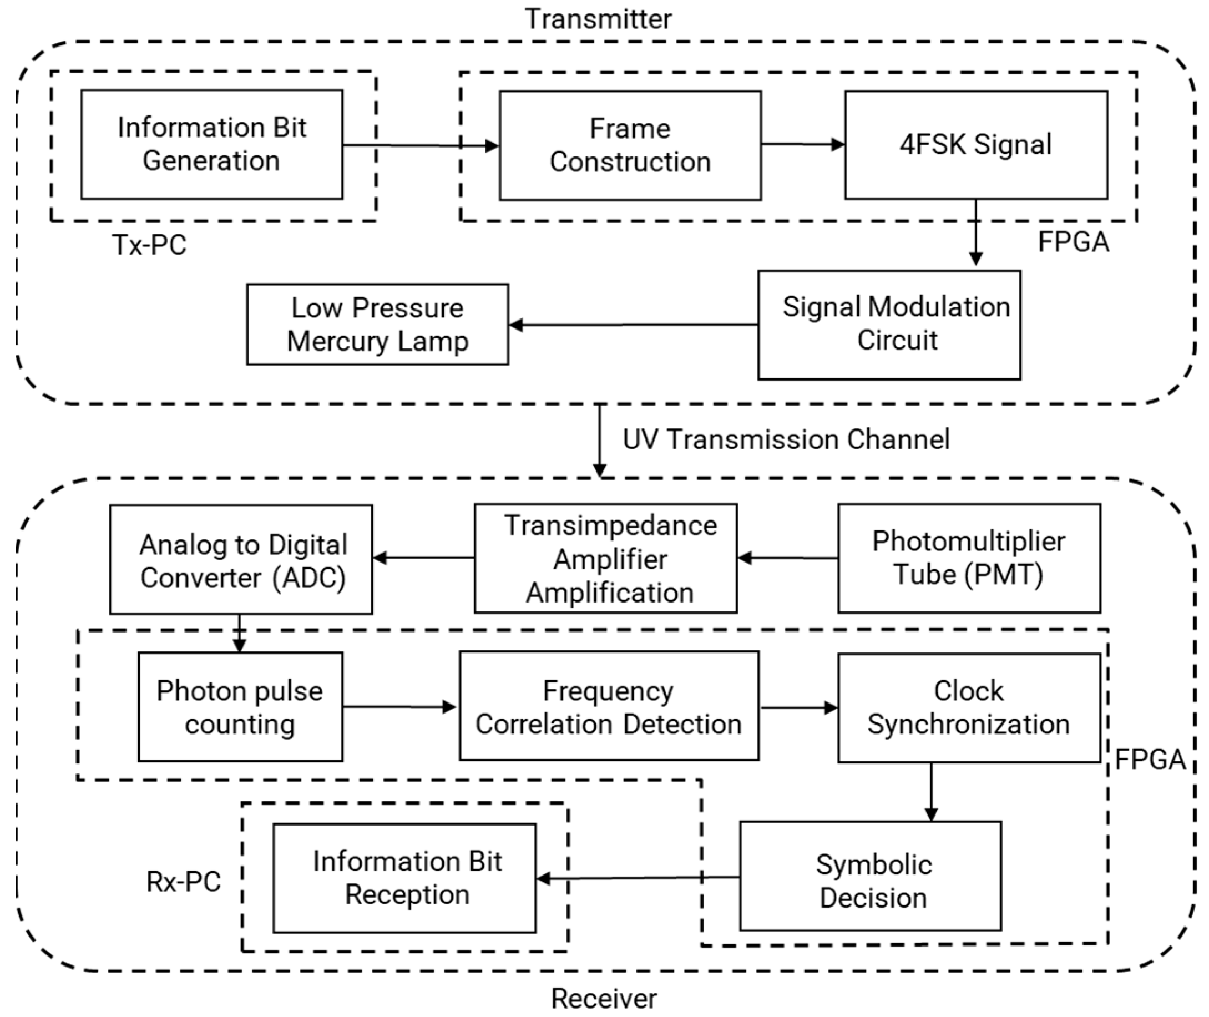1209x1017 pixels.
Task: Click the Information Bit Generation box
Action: [211, 144]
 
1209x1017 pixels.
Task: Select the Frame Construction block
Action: [630, 145]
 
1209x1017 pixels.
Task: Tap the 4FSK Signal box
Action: [976, 145]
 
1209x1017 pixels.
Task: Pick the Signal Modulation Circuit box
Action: [889, 325]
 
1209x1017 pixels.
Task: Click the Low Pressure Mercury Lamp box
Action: [378, 324]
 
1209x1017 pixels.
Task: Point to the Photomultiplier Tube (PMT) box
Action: [969, 558]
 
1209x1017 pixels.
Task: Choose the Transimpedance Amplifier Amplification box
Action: [606, 558]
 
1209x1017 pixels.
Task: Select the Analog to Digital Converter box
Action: [241, 559]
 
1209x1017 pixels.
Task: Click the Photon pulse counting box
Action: [240, 707]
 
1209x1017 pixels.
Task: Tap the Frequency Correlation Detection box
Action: [609, 706]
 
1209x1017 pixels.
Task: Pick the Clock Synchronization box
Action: [969, 708]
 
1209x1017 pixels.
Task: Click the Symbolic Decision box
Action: [871, 876]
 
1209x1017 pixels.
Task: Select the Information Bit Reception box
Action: [404, 878]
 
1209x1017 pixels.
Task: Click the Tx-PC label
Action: [149, 245]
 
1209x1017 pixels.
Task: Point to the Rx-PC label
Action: [183, 882]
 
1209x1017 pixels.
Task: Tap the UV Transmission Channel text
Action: [786, 439]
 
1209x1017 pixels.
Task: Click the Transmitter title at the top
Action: [598, 18]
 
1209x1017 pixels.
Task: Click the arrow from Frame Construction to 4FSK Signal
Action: [803, 144]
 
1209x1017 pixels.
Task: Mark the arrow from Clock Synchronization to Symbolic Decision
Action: [932, 792]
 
